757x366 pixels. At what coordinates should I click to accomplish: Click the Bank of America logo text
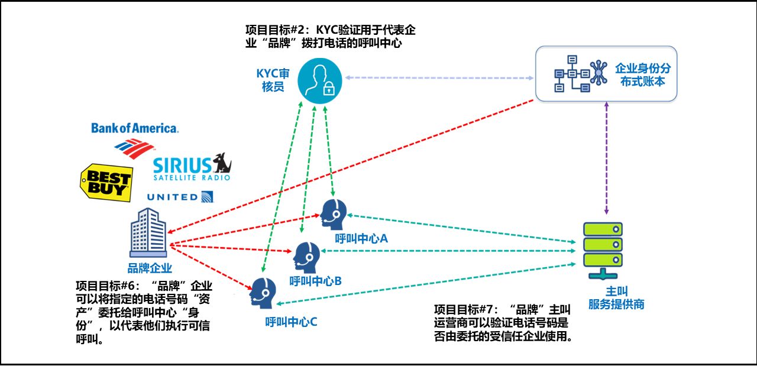pyautogui.click(x=134, y=128)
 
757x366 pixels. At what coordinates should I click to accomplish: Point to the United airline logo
pyautogui.click(x=180, y=197)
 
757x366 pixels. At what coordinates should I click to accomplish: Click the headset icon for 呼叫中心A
pyautogui.click(x=334, y=215)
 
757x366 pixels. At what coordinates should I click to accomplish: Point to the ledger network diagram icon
pyautogui.click(x=581, y=74)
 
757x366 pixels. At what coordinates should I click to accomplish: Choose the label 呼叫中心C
pyautogui.click(x=292, y=322)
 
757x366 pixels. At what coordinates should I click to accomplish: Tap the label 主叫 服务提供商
pyautogui.click(x=616, y=299)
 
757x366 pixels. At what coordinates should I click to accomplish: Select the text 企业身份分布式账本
pyautogui.click(x=643, y=75)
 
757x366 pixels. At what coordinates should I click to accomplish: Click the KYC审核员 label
pyautogui.click(x=273, y=80)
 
